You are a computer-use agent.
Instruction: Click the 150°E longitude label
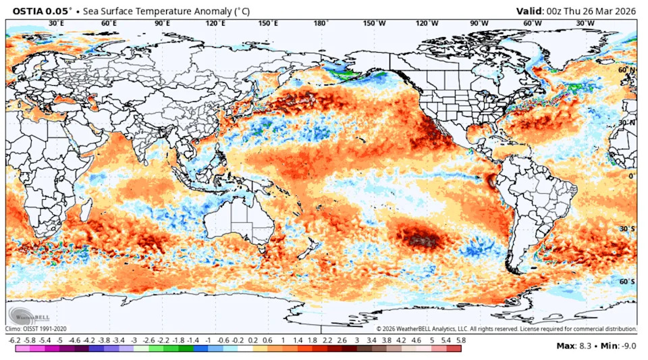(x=268, y=23)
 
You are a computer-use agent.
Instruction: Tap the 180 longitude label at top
(x=321, y=23)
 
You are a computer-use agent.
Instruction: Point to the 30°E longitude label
(x=56, y=23)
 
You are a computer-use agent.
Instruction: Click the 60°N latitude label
(x=627, y=70)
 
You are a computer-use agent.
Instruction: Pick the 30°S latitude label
(x=627, y=228)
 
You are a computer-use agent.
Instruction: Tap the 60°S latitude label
(x=627, y=281)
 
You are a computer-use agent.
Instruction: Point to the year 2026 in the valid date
(x=626, y=11)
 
